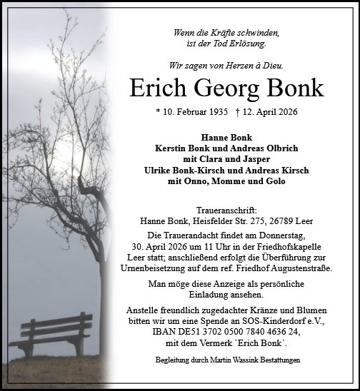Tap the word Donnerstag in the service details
278,236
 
